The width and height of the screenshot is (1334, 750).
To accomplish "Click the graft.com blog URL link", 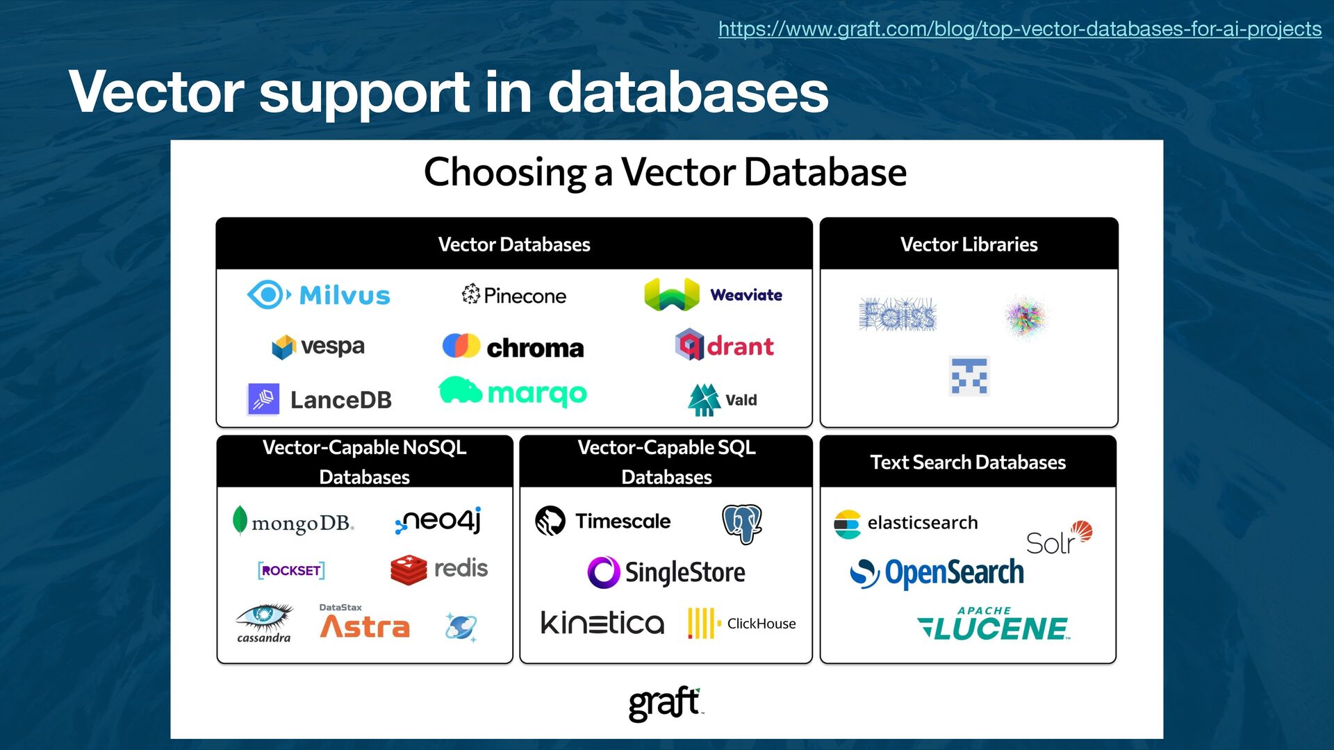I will [x=1019, y=29].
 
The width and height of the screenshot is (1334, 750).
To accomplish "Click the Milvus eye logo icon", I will [x=267, y=294].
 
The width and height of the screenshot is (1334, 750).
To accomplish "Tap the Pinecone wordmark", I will [x=525, y=296].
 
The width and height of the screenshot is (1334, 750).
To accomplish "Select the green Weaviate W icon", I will [x=671, y=294].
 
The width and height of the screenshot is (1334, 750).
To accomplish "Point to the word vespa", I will [x=332, y=346].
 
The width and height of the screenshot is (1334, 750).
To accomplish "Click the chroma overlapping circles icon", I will [x=461, y=346].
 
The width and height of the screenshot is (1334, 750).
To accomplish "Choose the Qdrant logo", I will [x=724, y=345].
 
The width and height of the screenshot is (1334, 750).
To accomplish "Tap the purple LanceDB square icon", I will [x=264, y=399].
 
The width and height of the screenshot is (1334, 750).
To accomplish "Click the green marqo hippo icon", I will [x=460, y=390].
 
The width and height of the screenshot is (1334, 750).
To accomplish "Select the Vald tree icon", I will [x=704, y=399].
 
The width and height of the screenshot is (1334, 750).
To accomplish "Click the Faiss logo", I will [x=898, y=315].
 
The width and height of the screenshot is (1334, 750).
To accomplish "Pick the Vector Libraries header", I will [x=969, y=244].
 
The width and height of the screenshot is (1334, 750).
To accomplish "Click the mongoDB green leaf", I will [x=240, y=520].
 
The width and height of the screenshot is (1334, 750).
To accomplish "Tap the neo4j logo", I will [x=438, y=520].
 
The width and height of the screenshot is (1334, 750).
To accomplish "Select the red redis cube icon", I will [x=409, y=569].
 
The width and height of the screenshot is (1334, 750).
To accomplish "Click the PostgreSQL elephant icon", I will [x=742, y=523].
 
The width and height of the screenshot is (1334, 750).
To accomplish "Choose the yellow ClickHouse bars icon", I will [x=702, y=623].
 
